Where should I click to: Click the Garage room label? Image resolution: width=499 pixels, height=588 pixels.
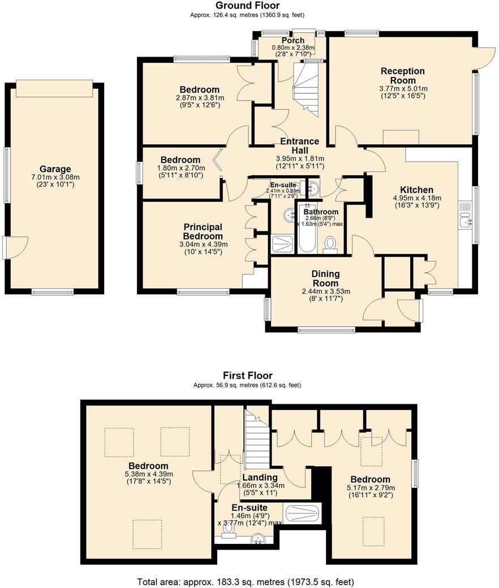tap(55, 168)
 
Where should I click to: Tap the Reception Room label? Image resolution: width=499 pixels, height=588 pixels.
tap(402, 76)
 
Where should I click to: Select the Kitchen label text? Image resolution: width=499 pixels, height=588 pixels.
tap(416, 190)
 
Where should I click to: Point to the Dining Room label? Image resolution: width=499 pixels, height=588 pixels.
tap(325, 278)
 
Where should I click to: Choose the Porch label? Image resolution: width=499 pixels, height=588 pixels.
tap(292, 41)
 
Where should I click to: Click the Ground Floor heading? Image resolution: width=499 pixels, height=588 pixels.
tap(247, 6)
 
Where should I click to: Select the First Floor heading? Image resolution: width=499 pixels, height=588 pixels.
tap(247, 375)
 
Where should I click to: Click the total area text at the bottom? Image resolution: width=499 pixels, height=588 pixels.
tap(246, 581)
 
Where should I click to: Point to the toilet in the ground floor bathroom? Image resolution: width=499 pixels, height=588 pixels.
tap(330, 244)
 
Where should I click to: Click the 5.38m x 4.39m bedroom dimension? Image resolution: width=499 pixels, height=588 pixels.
tap(148, 474)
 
